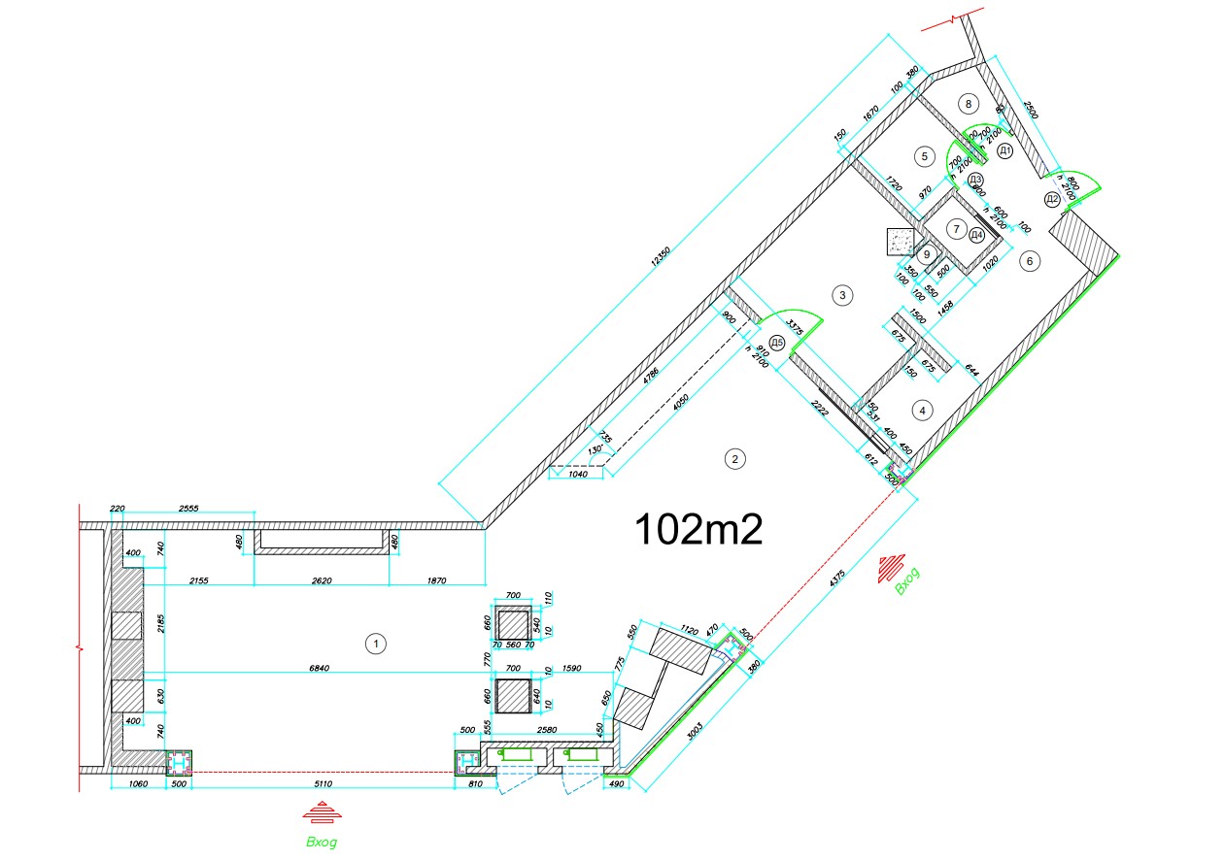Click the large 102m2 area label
(697, 530)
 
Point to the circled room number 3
(843, 293)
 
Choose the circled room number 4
(921, 411)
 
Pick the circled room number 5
(925, 155)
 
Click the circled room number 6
(1029, 260)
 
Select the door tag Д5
(776, 342)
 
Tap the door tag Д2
(1052, 200)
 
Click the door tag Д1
(1005, 150)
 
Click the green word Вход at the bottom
(322, 842)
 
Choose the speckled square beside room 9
(902, 241)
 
